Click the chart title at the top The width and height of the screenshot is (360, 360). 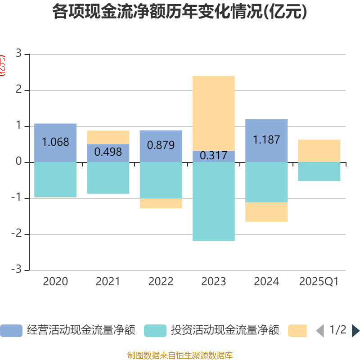point(180,12)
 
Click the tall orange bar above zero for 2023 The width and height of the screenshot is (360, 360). point(214,113)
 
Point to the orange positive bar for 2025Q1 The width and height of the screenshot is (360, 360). point(319,151)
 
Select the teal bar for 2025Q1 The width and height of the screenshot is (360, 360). point(319,171)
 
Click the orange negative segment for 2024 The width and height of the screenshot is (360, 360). point(266,212)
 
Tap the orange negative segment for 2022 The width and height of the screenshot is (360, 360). point(161,203)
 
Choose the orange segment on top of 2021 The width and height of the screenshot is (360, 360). point(108,137)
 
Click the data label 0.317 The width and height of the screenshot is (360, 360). point(214,156)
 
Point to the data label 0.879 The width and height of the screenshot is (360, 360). point(161,145)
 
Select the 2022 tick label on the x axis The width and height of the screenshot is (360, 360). point(161,282)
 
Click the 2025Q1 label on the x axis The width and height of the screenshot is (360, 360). point(319,282)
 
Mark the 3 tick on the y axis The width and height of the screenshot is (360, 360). point(19,54)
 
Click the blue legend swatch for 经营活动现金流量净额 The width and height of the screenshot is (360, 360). point(11,331)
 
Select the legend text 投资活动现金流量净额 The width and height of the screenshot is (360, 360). point(225,330)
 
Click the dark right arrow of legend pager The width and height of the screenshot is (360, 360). point(355,331)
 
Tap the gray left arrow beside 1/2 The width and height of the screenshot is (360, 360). point(319,331)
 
